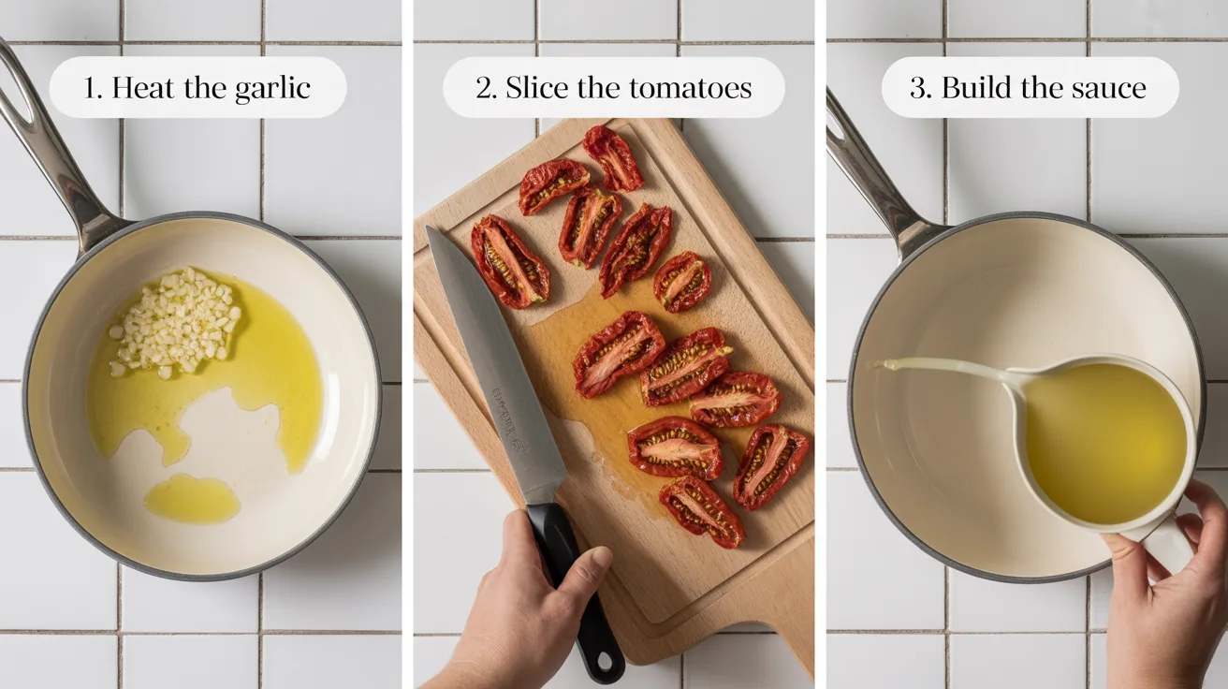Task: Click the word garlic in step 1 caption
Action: pyautogui.click(x=271, y=89)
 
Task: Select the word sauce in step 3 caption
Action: pyautogui.click(x=1104, y=89)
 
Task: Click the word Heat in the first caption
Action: pyautogui.click(x=141, y=89)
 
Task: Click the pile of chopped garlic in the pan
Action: pyautogui.click(x=177, y=320)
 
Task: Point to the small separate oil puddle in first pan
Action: pyautogui.click(x=191, y=498)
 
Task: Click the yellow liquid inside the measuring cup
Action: pyautogui.click(x=1104, y=440)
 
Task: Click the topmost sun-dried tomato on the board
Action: pyautogui.click(x=613, y=157)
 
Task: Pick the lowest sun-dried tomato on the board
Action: pyautogui.click(x=701, y=510)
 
